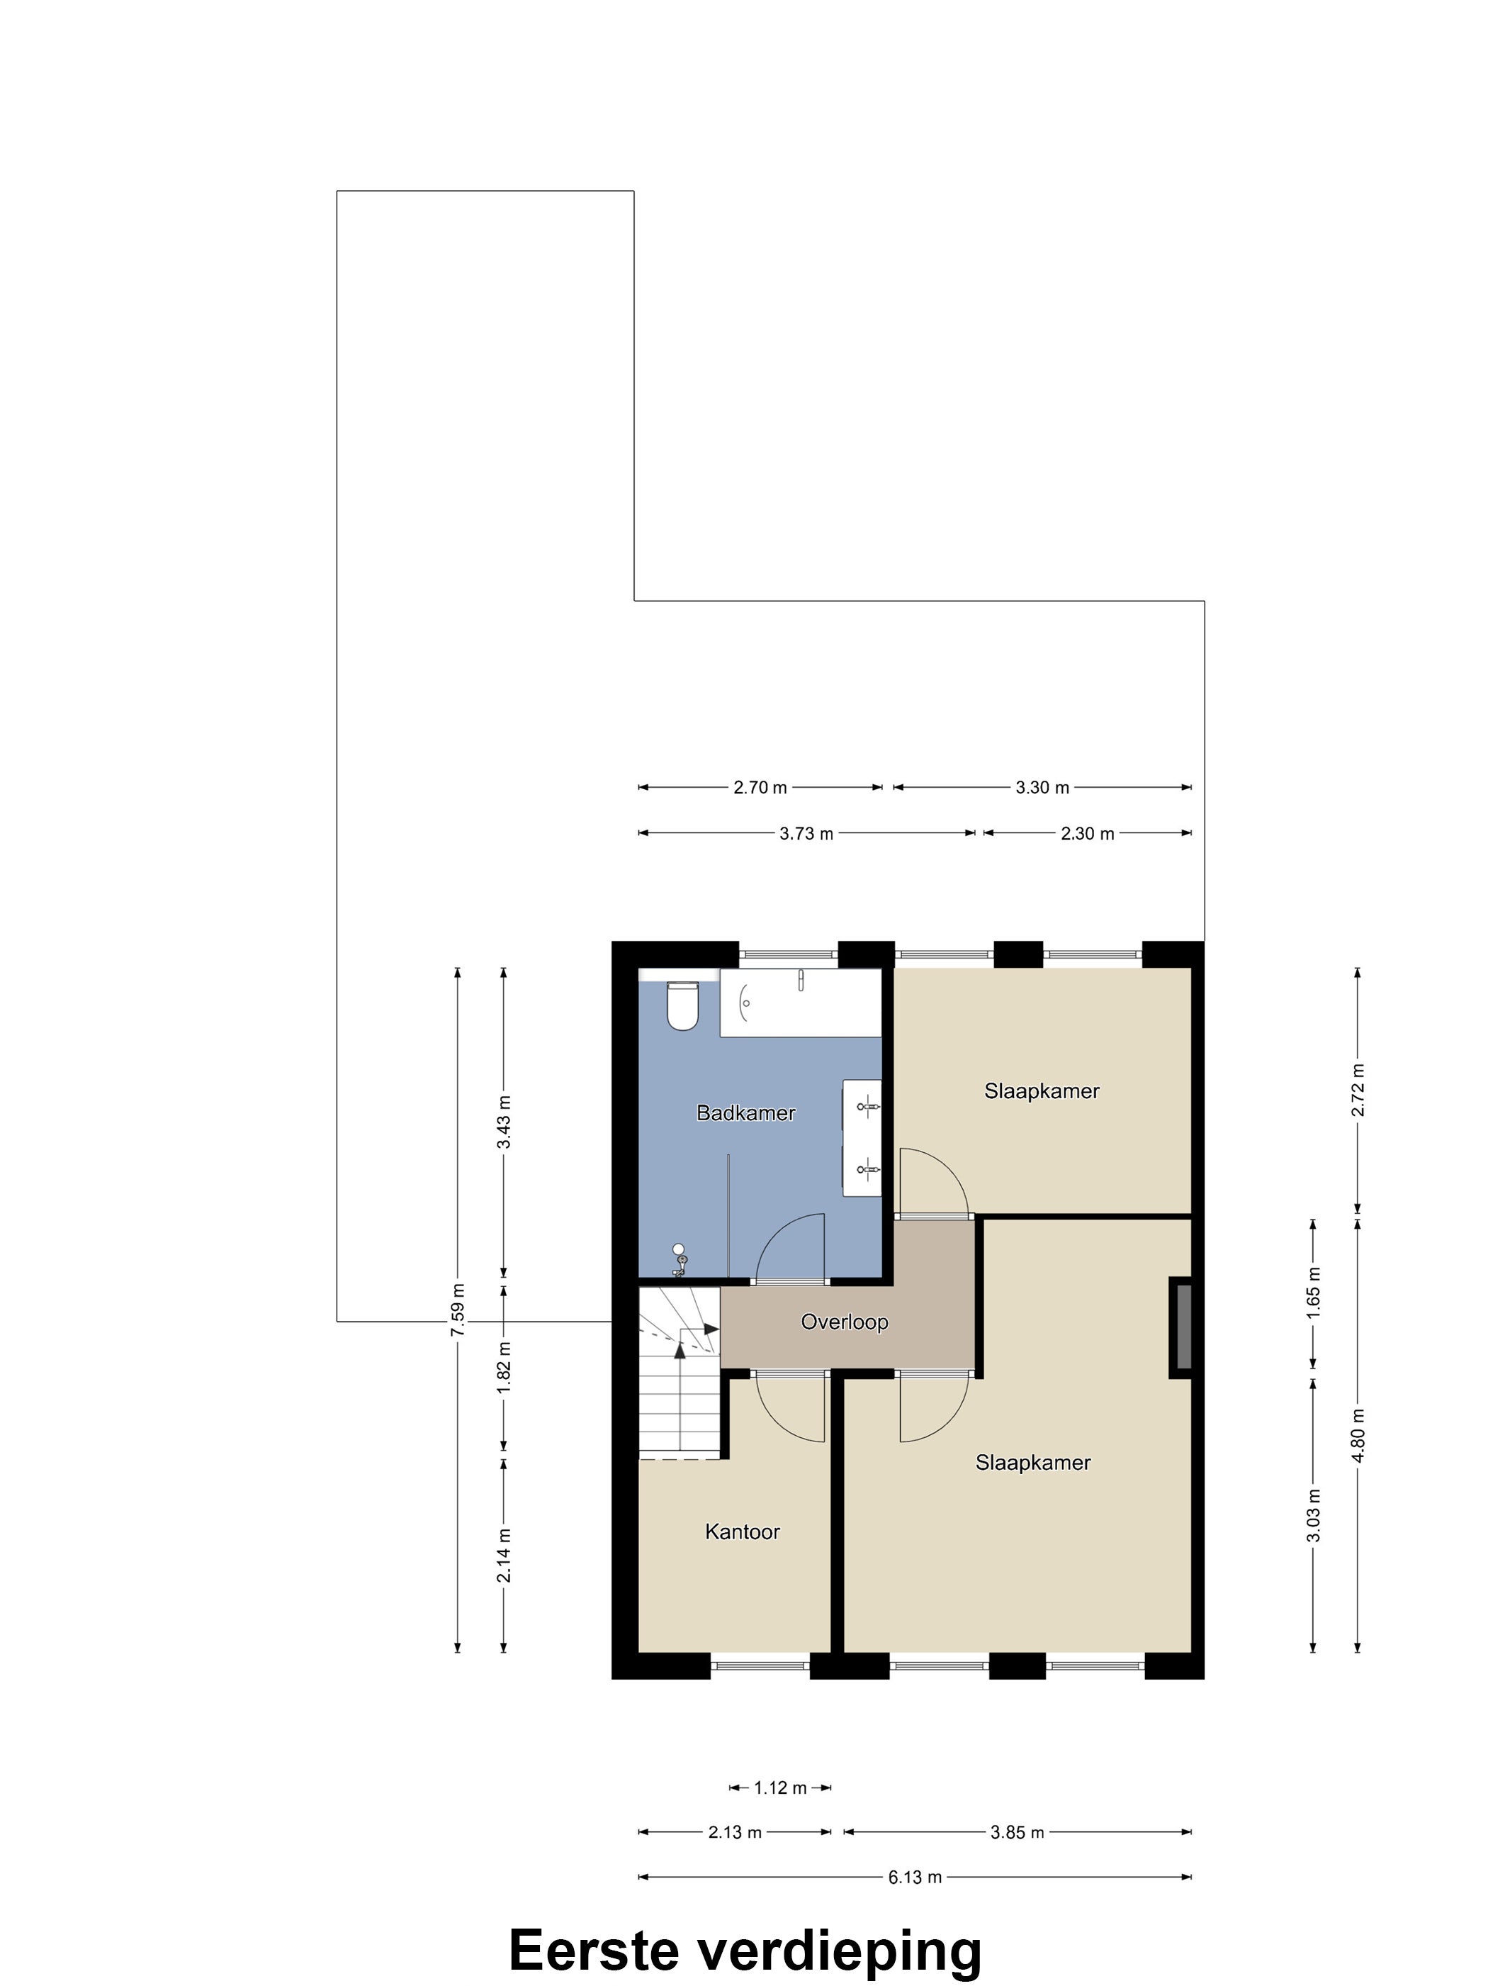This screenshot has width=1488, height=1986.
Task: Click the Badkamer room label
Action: tap(746, 1113)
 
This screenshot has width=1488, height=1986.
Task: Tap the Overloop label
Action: tap(845, 1322)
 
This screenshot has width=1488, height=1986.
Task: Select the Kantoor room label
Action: tap(742, 1532)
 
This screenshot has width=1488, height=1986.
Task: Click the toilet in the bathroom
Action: tap(683, 1005)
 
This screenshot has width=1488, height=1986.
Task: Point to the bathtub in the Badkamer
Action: tap(801, 1002)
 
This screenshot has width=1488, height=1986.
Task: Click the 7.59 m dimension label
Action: tap(458, 1310)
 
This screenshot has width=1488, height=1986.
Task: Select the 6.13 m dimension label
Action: tap(915, 1877)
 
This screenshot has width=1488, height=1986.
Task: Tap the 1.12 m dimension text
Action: tap(780, 1787)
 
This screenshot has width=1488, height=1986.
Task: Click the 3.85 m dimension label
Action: tap(1018, 1831)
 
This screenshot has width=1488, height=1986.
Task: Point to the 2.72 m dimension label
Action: tap(1358, 1090)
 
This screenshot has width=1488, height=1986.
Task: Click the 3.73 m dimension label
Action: tap(806, 833)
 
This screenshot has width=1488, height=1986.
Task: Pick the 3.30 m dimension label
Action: tap(1042, 788)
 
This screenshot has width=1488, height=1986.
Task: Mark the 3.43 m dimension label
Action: tap(504, 1122)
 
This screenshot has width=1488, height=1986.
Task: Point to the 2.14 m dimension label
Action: tap(504, 1556)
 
